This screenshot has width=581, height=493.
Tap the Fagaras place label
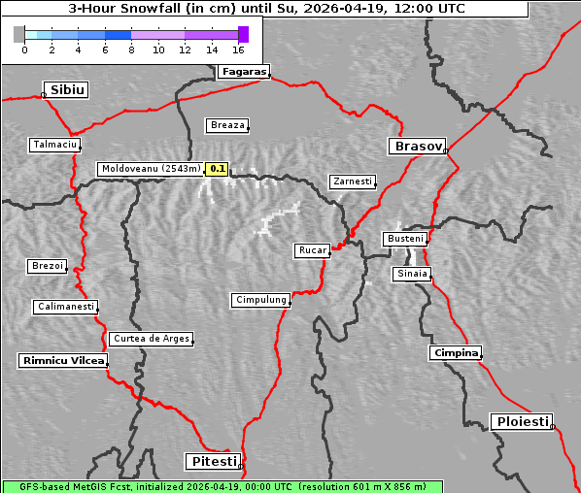pyautogui.click(x=243, y=71)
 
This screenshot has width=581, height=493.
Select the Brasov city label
pyautogui.click(x=417, y=147)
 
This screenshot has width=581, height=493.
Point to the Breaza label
pyautogui.click(x=228, y=125)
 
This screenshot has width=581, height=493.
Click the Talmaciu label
pyautogui.click(x=54, y=145)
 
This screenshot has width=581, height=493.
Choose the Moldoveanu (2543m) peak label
pyautogui.click(x=151, y=169)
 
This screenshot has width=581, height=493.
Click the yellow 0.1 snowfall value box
pyautogui.click(x=218, y=169)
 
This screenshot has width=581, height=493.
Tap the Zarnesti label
pyautogui.click(x=352, y=181)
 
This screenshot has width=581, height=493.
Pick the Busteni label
pyautogui.click(x=404, y=238)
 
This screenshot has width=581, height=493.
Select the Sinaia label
pyautogui.click(x=411, y=274)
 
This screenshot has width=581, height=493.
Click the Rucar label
pyautogui.click(x=312, y=250)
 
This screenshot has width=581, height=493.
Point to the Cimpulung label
pyautogui.click(x=260, y=300)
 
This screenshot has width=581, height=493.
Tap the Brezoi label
pyautogui.click(x=47, y=266)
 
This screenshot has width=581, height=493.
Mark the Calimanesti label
pyautogui.click(x=65, y=307)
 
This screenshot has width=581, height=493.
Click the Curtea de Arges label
pyautogui.click(x=151, y=339)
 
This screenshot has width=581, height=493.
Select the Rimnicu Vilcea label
pyautogui.click(x=62, y=360)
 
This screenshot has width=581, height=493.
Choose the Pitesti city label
pyautogui.click(x=211, y=460)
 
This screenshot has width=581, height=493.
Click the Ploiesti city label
pyautogui.click(x=522, y=421)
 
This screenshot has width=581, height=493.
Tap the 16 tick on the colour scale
pyautogui.click(x=238, y=49)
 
